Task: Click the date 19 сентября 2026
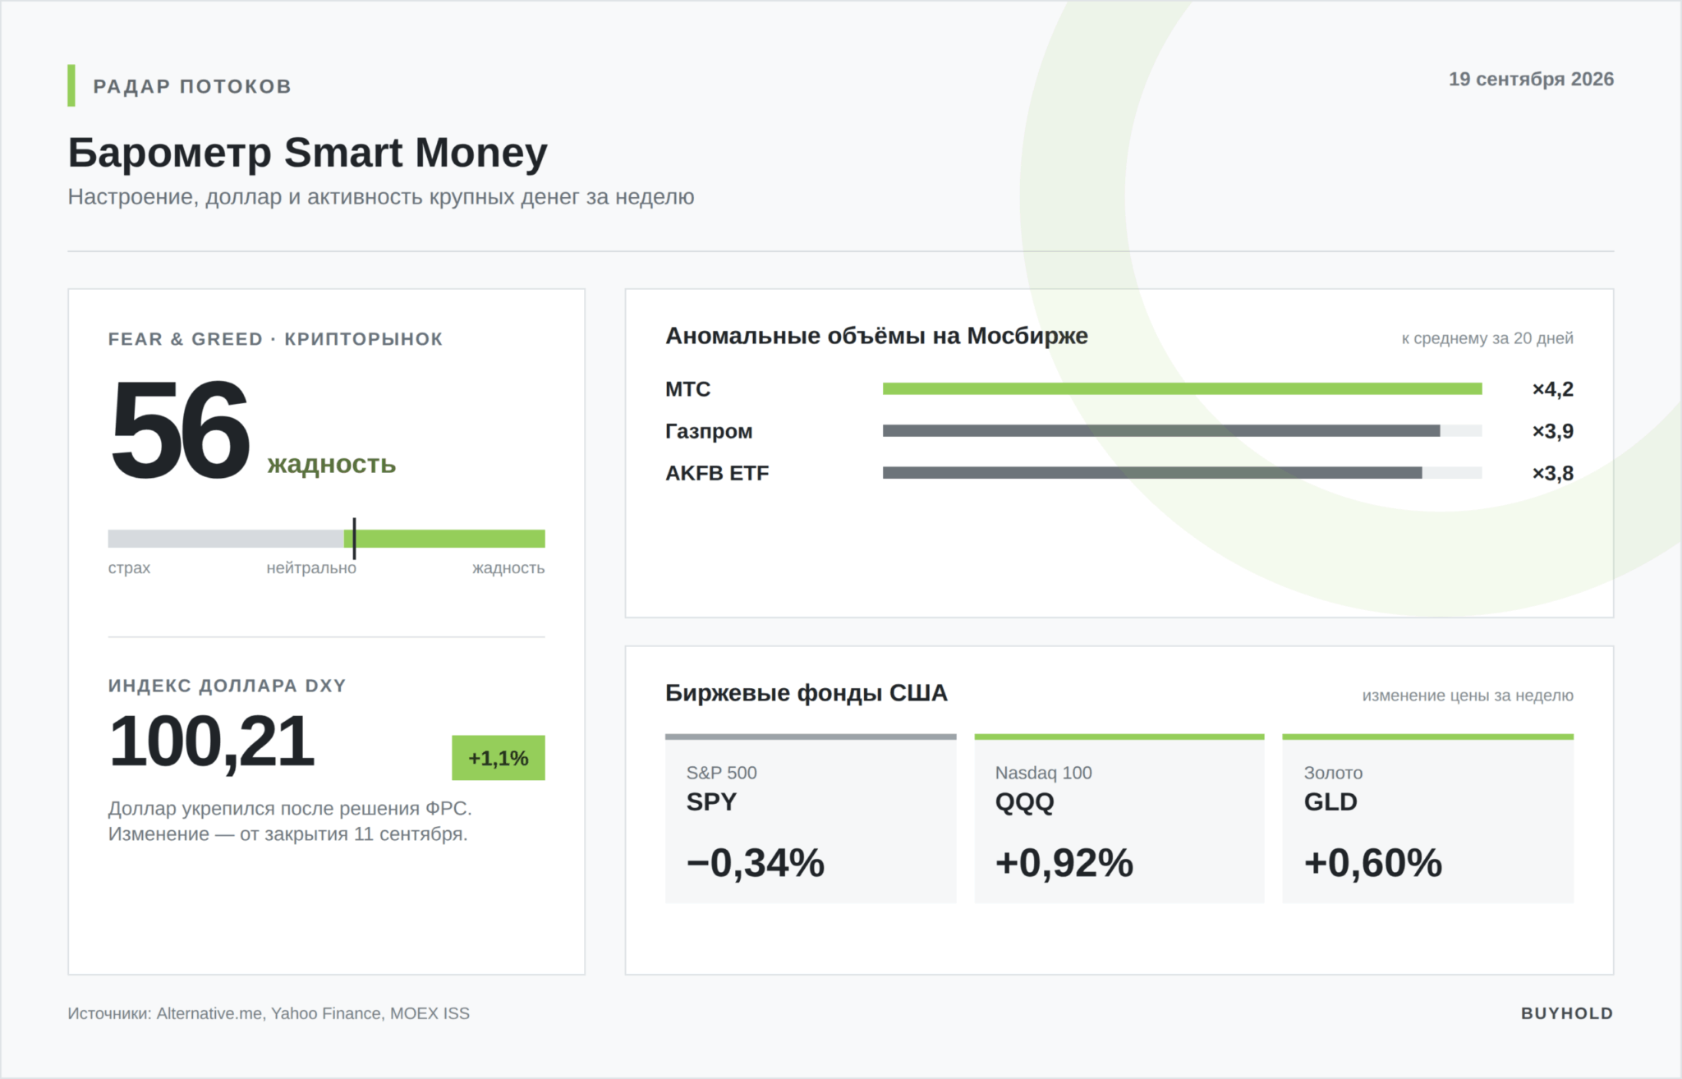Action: tap(1531, 79)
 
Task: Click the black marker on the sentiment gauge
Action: tap(354, 539)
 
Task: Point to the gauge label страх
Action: tap(129, 568)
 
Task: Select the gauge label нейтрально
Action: tap(311, 568)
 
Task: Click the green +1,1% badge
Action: tap(499, 758)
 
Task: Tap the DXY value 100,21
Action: tap(211, 742)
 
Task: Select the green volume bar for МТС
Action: tap(1183, 389)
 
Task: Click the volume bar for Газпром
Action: tap(1161, 431)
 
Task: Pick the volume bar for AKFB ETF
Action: tap(1152, 473)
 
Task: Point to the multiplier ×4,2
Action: tap(1553, 389)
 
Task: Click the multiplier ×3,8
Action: tap(1553, 473)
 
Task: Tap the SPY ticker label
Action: tap(711, 802)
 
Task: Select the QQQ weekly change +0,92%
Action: tap(1064, 864)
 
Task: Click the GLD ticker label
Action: tap(1330, 802)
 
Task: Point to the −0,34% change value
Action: tap(756, 864)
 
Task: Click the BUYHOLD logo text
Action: tap(1567, 1014)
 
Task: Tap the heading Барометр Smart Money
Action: tap(308, 154)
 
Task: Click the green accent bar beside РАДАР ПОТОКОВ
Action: tap(71, 85)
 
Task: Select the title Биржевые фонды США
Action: tap(807, 694)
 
